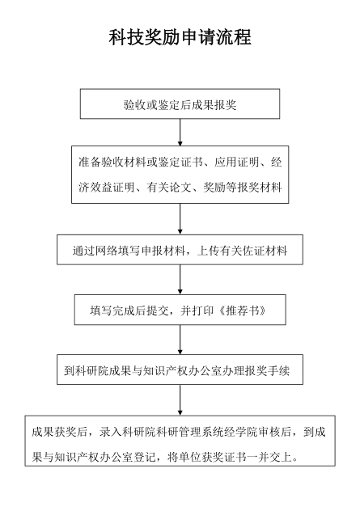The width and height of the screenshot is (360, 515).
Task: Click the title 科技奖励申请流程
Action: tap(180, 37)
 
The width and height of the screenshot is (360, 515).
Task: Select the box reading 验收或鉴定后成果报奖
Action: tap(180, 103)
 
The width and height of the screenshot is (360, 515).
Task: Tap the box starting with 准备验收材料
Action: tap(180, 175)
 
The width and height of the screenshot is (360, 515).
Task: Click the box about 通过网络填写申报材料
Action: tap(180, 250)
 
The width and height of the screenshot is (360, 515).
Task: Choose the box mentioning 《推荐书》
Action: tap(180, 310)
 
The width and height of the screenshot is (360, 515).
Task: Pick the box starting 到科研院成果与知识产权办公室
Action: tap(180, 369)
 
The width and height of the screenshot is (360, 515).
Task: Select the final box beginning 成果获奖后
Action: tap(180, 441)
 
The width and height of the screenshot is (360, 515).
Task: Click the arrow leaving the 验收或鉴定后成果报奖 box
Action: tap(180, 133)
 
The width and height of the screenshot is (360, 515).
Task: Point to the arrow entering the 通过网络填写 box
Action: tap(180, 219)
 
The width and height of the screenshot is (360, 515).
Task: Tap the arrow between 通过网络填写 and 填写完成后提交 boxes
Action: tap(180, 280)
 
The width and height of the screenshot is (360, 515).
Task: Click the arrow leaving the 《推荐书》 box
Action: tap(180, 340)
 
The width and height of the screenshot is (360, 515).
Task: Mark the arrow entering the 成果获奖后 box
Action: tap(180, 400)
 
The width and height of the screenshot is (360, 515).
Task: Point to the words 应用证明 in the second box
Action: tap(237, 163)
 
